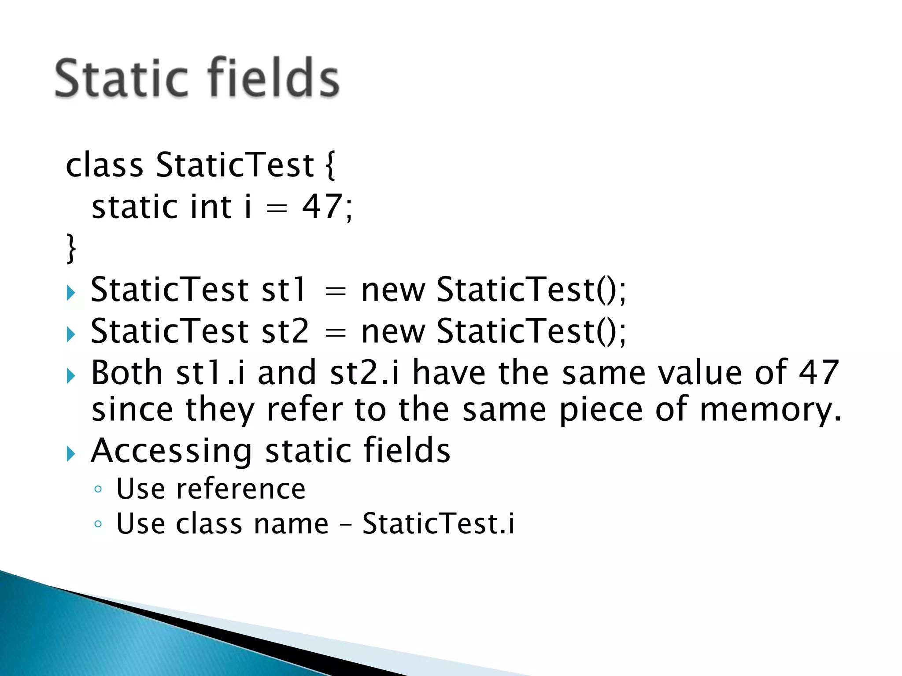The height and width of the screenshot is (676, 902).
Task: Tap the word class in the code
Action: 104,165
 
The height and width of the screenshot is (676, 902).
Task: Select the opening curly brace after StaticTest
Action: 330,165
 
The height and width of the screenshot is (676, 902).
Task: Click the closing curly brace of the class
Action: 71,249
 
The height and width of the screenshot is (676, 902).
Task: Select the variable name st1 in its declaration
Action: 283,290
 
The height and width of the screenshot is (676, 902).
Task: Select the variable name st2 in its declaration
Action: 285,331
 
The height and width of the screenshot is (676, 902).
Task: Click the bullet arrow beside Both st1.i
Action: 71,376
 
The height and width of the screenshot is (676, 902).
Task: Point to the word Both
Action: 127,372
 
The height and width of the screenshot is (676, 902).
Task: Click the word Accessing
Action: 171,451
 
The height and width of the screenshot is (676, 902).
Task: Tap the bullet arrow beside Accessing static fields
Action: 71,454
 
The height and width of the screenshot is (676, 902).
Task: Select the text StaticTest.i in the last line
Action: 438,523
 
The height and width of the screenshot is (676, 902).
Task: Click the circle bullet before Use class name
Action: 98,524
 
